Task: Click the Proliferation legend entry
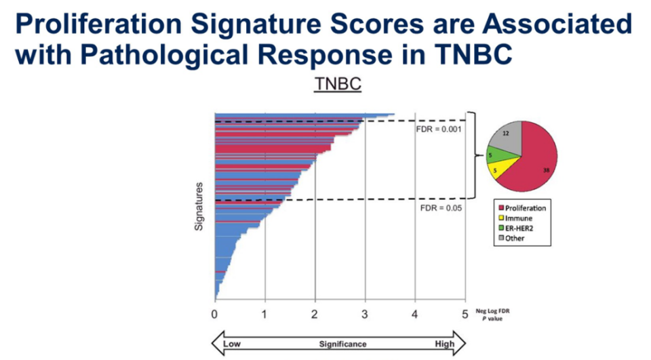[x=526, y=208]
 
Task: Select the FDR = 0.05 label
[x=438, y=208]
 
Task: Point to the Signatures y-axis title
[x=199, y=205]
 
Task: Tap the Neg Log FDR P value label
[x=496, y=313]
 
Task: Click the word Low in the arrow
[x=233, y=344]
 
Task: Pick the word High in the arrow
[x=445, y=344]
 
